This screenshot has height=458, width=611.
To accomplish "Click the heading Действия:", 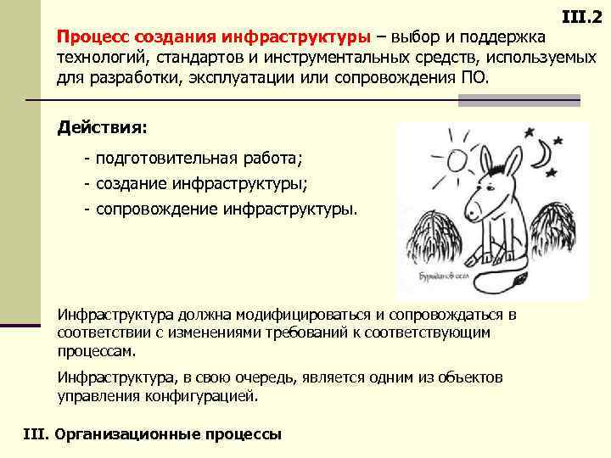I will [x=102, y=127].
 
